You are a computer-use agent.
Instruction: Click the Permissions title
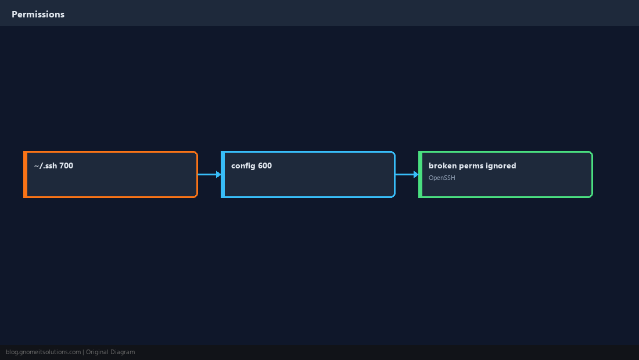38,15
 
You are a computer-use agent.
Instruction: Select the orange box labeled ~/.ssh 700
110,174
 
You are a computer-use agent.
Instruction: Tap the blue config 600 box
308,174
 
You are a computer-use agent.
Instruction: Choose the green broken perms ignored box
505,174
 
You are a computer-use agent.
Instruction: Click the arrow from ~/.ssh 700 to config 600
210,174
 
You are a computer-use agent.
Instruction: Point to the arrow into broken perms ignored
407,174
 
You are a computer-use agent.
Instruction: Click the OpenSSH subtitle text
441,178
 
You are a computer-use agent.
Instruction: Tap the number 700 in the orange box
66,165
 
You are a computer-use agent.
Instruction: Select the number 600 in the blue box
265,165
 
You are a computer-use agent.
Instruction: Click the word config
243,166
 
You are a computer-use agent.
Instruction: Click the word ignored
502,166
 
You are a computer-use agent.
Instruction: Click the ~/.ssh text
46,165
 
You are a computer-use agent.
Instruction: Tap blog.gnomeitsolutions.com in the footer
43,352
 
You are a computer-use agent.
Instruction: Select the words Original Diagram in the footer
110,352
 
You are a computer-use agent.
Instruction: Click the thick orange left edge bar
25,174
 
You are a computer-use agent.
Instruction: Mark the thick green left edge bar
420,174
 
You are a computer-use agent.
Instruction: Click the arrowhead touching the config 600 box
218,174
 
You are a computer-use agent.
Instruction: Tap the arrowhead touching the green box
416,174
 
